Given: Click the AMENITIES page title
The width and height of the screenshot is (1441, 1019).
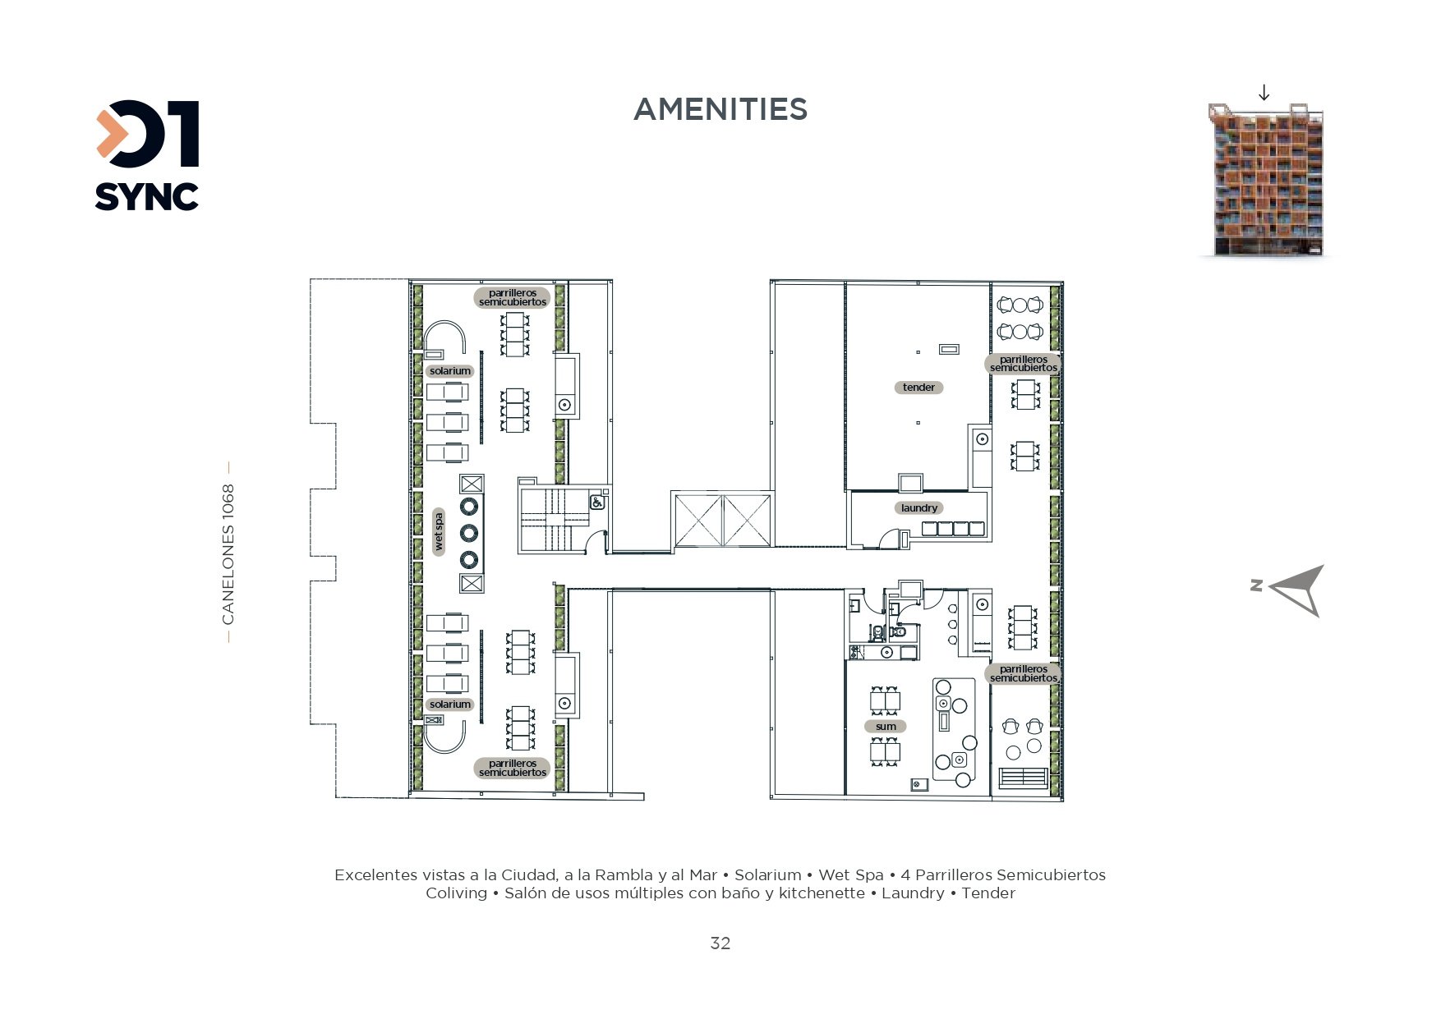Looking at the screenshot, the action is coord(720,109).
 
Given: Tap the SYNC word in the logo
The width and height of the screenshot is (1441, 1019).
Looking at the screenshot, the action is coord(147,196).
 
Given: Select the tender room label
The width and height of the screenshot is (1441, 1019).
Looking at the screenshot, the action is coord(918,388).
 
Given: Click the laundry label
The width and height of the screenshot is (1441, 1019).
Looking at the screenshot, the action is coord(918,508).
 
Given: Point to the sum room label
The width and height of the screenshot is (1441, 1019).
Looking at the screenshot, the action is coord(886,727).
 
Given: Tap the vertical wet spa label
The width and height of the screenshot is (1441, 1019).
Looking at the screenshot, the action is coord(439,531).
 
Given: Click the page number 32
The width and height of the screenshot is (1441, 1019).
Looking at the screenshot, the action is coord(720,943).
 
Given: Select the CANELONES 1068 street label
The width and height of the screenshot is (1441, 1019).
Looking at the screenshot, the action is coord(228,553).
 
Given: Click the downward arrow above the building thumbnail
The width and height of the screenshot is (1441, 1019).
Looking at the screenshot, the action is coord(1264,92).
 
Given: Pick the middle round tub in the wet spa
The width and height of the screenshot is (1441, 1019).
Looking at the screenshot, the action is coord(469,532).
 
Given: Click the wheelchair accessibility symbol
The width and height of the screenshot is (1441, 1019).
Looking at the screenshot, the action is coord(597,500).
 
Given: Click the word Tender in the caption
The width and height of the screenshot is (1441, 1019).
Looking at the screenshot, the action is coord(988,893).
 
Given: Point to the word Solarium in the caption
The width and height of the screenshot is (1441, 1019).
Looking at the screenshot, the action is coord(767,875).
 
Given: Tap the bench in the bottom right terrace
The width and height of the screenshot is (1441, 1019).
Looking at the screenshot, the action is coord(1023,778).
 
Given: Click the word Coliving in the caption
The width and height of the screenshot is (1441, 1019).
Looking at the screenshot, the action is coord(456,893).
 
